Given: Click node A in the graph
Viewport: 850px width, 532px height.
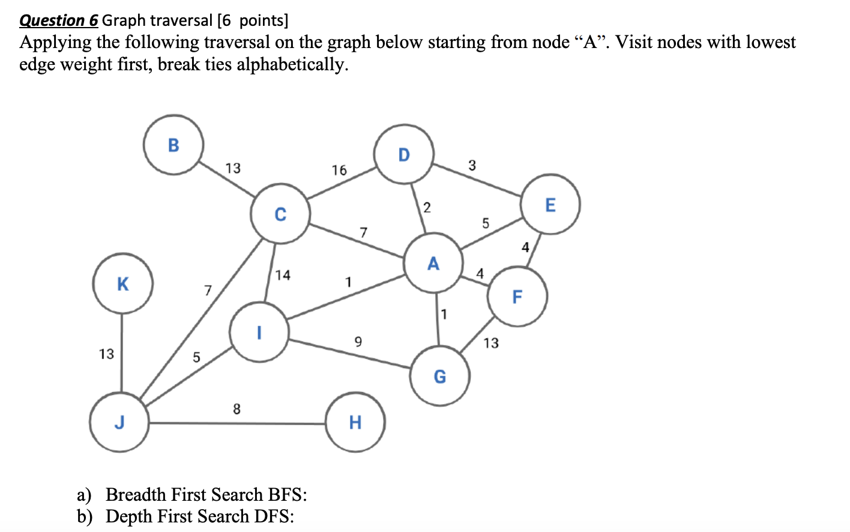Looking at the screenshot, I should click(433, 264).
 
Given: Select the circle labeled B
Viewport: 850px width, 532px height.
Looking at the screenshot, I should click(173, 145).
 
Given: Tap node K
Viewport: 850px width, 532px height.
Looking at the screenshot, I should click(122, 283).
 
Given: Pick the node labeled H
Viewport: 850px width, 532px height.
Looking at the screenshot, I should click(355, 422).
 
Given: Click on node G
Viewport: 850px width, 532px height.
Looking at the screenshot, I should click(440, 376).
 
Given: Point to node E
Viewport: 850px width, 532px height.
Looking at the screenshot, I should click(550, 205).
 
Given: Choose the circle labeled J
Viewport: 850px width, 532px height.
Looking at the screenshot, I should click(119, 422).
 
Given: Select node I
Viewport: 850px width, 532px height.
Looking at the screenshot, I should click(259, 332).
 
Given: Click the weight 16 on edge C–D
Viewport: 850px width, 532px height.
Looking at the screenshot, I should click(339, 171).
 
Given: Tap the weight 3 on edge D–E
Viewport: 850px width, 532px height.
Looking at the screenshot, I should click(472, 165).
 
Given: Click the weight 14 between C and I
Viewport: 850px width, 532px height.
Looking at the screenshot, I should click(283, 275).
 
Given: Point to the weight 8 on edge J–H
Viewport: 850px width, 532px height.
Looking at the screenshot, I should click(237, 410).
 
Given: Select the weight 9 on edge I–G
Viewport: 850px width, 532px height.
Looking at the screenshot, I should click(358, 342).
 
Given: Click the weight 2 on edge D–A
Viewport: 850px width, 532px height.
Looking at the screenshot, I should click(427, 208).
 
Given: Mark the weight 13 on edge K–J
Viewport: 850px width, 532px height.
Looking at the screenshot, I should click(106, 354).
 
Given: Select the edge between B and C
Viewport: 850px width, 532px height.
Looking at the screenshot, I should click(228, 180).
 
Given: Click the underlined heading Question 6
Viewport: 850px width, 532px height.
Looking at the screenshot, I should click(58, 20).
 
